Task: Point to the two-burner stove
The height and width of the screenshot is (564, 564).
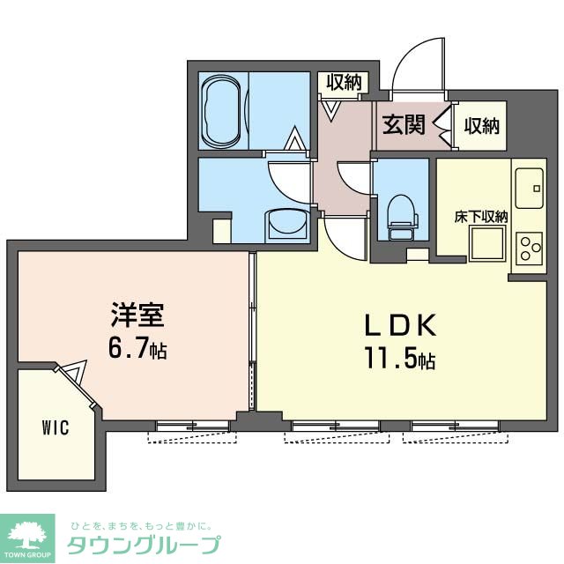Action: point(530,248)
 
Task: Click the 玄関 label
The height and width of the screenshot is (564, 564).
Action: point(403,124)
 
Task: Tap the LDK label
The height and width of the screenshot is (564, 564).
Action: point(401,327)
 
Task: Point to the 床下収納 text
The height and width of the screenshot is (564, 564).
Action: point(481,217)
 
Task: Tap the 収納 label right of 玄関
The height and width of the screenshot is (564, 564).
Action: point(482,125)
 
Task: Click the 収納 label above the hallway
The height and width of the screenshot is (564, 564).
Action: point(344,83)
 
